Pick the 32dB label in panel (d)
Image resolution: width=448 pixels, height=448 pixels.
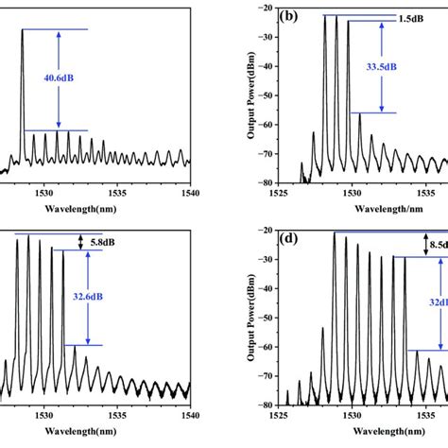(436, 304)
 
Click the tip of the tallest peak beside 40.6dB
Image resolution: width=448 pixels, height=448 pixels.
(22, 29)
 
